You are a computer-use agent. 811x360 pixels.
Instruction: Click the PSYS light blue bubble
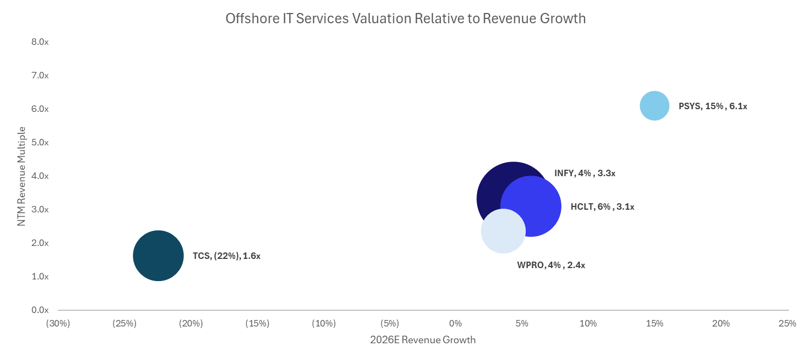[654, 106]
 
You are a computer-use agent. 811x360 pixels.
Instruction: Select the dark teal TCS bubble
[158, 256]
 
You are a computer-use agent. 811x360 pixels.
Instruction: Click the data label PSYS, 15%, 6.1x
[713, 106]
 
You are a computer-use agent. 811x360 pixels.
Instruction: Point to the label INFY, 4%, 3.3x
[585, 174]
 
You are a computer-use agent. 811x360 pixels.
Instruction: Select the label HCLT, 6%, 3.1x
[602, 206]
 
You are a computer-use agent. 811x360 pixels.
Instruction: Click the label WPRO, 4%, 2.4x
[551, 265]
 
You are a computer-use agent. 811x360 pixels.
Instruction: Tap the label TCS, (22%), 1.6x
[226, 256]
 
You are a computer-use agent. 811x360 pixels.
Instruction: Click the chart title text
[405, 18]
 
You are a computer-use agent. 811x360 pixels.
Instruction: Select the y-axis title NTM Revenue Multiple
[22, 176]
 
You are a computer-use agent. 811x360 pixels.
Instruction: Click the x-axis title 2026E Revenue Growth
[423, 340]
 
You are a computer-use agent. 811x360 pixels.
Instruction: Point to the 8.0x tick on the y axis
[41, 42]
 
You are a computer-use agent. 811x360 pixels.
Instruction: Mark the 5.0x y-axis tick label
[41, 143]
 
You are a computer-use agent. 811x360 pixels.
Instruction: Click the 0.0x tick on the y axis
[41, 310]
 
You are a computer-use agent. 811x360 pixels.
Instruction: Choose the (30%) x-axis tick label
[58, 324]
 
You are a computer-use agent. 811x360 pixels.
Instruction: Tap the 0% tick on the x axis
[455, 324]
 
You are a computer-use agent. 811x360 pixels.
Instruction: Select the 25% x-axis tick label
[787, 324]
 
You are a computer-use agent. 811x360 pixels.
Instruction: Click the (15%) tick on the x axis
[257, 324]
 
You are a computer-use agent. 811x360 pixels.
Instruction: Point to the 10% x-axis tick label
[588, 324]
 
